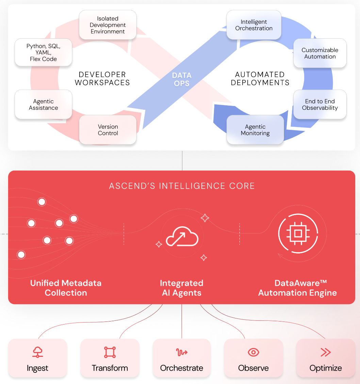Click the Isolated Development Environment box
click(108, 25)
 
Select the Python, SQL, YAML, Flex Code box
click(43, 53)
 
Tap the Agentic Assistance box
click(43, 105)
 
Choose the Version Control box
click(108, 130)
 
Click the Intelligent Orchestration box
click(254, 25)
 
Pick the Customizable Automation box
click(320, 53)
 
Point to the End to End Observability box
click(320, 105)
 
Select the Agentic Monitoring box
click(255, 130)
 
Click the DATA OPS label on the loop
click(182, 79)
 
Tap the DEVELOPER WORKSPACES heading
click(102, 78)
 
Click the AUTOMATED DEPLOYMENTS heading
click(260, 78)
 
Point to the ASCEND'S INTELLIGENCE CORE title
click(182, 186)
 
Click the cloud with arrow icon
click(182, 237)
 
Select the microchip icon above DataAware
click(298, 233)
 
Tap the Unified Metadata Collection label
click(66, 288)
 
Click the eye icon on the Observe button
click(253, 352)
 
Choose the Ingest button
click(37, 358)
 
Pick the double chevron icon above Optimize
click(326, 352)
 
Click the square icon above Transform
click(110, 352)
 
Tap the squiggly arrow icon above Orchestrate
click(182, 352)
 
